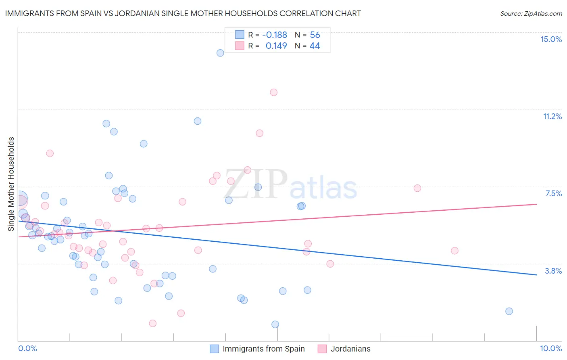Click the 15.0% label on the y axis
click(x=551, y=39)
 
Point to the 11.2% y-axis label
click(x=552, y=116)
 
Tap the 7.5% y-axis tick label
click(x=553, y=193)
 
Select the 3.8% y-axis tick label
click(x=553, y=271)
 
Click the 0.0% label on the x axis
click(x=27, y=348)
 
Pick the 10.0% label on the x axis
click(x=551, y=348)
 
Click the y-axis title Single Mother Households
click(x=11, y=184)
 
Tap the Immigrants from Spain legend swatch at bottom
click(x=215, y=349)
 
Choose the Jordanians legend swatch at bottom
click(x=322, y=349)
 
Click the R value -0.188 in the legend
click(x=274, y=35)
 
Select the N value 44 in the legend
click(x=315, y=46)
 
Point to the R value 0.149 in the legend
click(x=276, y=46)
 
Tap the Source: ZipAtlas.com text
click(x=531, y=13)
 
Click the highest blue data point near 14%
click(x=220, y=53)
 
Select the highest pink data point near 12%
click(x=274, y=92)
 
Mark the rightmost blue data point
click(x=509, y=311)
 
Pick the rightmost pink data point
click(x=454, y=251)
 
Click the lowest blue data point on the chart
click(x=275, y=324)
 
